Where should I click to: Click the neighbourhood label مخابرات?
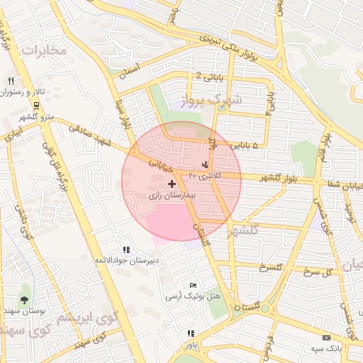[x=44, y=50]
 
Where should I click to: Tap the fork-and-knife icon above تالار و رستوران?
[x=11, y=80]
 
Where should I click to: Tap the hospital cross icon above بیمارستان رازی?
[x=172, y=184]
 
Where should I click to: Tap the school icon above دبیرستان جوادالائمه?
[x=126, y=250]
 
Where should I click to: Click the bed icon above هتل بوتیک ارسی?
[x=193, y=285]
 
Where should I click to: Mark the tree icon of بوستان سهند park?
[x=25, y=300]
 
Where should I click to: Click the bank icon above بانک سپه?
[x=326, y=337]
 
